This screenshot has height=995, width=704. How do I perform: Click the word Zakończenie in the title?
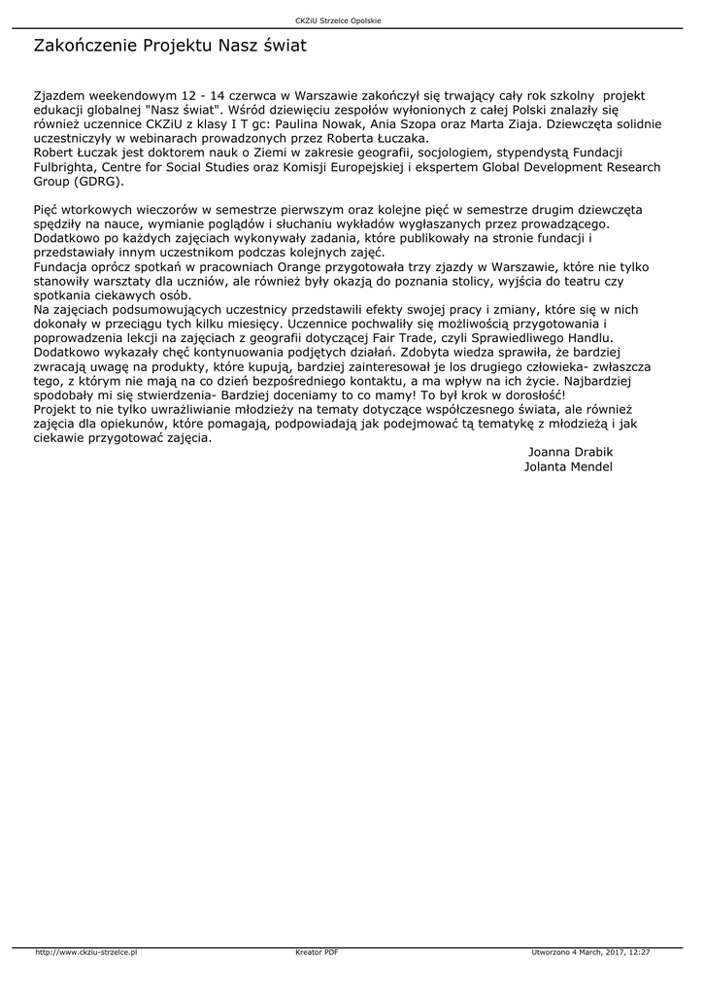[x=85, y=46]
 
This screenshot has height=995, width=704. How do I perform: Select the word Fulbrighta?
[x=67, y=167]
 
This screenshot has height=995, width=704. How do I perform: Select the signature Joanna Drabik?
[x=570, y=452]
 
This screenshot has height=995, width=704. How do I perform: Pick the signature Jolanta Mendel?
[x=568, y=466]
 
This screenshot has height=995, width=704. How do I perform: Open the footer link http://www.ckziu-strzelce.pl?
[x=85, y=952]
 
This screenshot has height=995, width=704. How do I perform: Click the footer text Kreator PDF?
[x=317, y=952]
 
